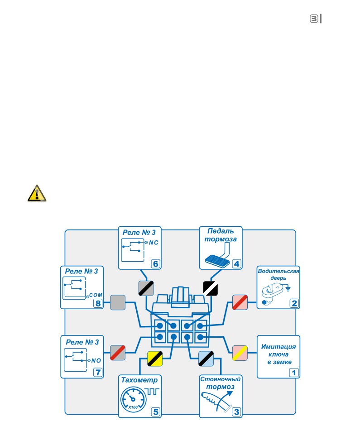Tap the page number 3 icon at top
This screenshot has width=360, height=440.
pyautogui.click(x=314, y=19)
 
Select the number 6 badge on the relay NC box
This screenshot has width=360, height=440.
pyautogui.click(x=156, y=264)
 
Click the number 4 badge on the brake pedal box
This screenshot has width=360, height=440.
pyautogui.click(x=237, y=264)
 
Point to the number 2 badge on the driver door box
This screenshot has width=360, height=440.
pyautogui.click(x=294, y=303)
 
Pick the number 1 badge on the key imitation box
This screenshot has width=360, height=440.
pyautogui.click(x=294, y=373)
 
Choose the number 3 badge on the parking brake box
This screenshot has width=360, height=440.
pyautogui.click(x=237, y=412)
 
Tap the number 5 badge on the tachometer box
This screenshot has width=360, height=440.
pyautogui.click(x=156, y=412)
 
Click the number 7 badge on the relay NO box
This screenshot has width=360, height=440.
pyautogui.click(x=98, y=373)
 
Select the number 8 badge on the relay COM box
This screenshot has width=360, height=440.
pyautogui.click(x=98, y=303)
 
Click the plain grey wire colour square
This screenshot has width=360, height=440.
pyautogui.click(x=118, y=302)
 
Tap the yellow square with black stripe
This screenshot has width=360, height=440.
pyautogui.click(x=155, y=359)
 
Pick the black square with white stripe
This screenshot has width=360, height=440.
pyautogui.click(x=211, y=288)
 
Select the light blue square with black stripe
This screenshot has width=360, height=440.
pyautogui.click(x=206, y=359)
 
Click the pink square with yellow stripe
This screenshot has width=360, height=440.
pyautogui.click(x=240, y=353)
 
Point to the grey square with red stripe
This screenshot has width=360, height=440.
pyautogui.click(x=118, y=353)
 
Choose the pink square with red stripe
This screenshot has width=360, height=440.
pyautogui.click(x=240, y=302)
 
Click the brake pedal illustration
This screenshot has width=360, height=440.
pyautogui.click(x=218, y=256)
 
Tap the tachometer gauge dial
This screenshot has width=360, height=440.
pyautogui.click(x=134, y=400)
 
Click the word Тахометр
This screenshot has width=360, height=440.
pyautogui.click(x=139, y=380)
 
